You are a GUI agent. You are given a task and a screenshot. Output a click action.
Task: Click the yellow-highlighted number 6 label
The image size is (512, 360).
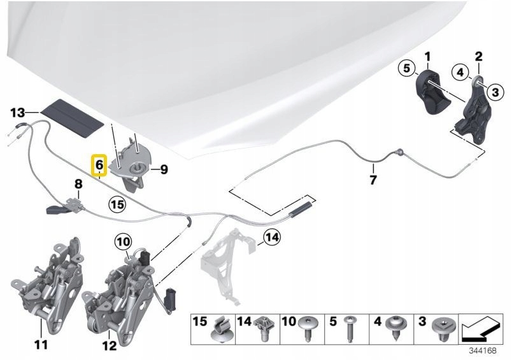point(99,165)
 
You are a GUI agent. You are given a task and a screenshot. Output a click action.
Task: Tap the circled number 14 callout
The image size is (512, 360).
point(272,236)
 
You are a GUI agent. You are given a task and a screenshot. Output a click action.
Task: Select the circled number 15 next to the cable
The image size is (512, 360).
point(117,205)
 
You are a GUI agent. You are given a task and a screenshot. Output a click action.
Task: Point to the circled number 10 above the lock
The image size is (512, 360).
point(123,242)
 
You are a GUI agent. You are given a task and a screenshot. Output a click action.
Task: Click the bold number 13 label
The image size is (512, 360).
point(18,113)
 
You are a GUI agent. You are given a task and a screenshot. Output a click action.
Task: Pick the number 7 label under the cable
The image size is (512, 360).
point(373,179)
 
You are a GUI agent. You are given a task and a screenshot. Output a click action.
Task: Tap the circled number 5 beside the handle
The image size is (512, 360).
point(406,69)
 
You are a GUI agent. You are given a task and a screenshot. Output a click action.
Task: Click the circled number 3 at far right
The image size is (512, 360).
point(495,92)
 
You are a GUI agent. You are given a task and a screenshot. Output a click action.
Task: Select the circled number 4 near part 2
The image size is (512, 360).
point(460,72)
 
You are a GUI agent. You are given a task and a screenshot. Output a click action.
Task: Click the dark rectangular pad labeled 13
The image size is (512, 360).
point(71,119)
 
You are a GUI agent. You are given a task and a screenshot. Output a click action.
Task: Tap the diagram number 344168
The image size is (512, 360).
point(482,351)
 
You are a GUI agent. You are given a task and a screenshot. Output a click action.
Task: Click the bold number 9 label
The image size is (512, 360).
point(164,169)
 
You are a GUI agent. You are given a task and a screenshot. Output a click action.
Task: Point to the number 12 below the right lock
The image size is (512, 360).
point(109,345)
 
